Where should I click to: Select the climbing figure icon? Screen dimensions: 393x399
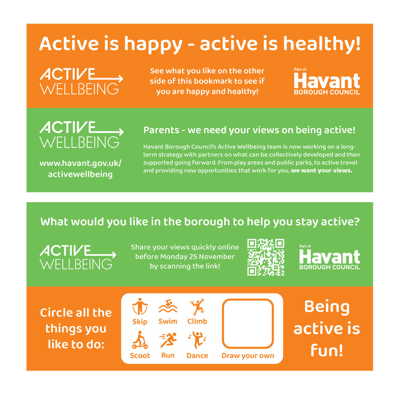[197, 307]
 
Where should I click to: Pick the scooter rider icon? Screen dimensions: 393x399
[140, 340]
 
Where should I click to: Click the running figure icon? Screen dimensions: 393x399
[168, 340]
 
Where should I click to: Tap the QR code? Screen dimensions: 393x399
[266, 257]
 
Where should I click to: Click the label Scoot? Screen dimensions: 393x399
[140, 356]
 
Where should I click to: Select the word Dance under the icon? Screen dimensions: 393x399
[197, 356]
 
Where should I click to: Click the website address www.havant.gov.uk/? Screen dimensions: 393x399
[80, 163]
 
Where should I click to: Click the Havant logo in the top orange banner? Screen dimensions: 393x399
[327, 81]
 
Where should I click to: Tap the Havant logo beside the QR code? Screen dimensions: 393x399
[329, 258]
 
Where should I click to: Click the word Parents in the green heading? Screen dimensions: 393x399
[161, 131]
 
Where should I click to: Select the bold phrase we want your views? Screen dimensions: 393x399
[321, 171]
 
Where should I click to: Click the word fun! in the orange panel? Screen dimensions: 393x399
[326, 350]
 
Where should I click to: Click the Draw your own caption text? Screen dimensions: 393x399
[247, 356]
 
